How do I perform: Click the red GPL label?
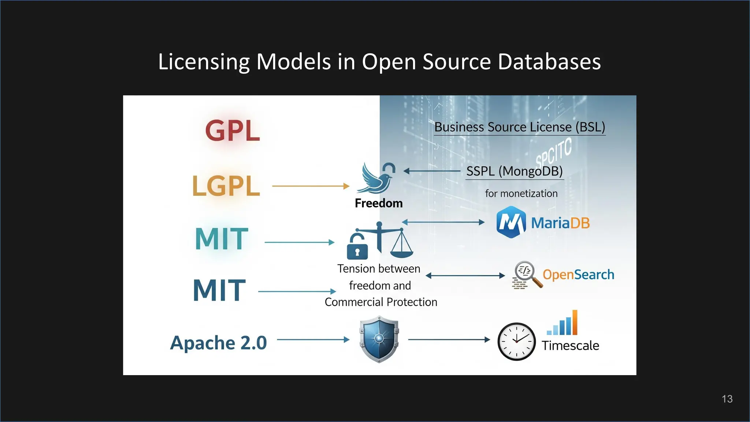[x=233, y=131]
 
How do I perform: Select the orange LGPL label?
[x=226, y=186]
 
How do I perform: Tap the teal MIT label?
[x=222, y=239]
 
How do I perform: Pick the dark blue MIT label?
[x=219, y=290]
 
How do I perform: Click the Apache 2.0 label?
[x=219, y=343]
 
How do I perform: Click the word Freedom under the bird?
[x=379, y=203]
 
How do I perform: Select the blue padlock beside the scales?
[x=357, y=247]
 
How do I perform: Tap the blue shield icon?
[x=379, y=340]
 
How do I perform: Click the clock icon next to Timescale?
[x=516, y=341]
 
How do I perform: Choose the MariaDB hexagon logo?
[x=511, y=222]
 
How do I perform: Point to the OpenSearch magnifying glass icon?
[x=527, y=275]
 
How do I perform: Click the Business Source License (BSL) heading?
[x=519, y=127]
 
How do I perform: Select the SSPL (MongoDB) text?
[x=514, y=171]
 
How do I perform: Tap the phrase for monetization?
[x=521, y=193]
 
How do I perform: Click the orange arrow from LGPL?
[x=311, y=186]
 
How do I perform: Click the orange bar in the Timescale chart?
[x=575, y=322]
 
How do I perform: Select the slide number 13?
[x=727, y=399]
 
